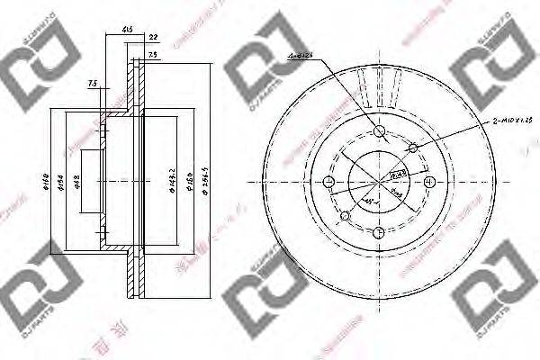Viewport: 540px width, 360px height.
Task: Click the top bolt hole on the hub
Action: coord(381,132)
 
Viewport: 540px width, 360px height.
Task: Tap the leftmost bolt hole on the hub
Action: coord(329,184)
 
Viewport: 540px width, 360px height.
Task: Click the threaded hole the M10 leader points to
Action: coord(414,148)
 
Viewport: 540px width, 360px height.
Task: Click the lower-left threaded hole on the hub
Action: coord(346,216)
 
